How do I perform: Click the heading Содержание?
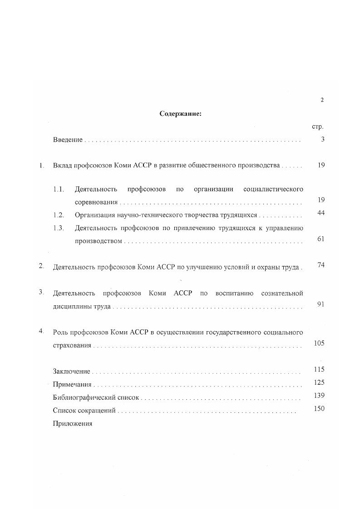tap(180, 114)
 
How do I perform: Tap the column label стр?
tap(317, 127)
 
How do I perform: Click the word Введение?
tap(68, 140)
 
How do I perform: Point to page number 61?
tap(321, 239)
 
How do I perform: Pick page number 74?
tap(321, 265)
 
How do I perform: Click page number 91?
tap(321, 304)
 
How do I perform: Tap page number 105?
tap(319, 343)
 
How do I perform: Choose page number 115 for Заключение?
tap(319, 369)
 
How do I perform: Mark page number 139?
tap(319, 396)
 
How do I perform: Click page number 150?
tap(319, 409)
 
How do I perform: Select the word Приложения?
tap(73, 424)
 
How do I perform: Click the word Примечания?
tap(72, 385)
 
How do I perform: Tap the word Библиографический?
tap(82, 398)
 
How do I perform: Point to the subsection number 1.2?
tap(59, 215)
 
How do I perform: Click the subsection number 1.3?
tap(59, 228)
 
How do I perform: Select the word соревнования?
tap(96, 202)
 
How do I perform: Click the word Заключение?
tap(72, 372)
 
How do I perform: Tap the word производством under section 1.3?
tap(99, 241)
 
